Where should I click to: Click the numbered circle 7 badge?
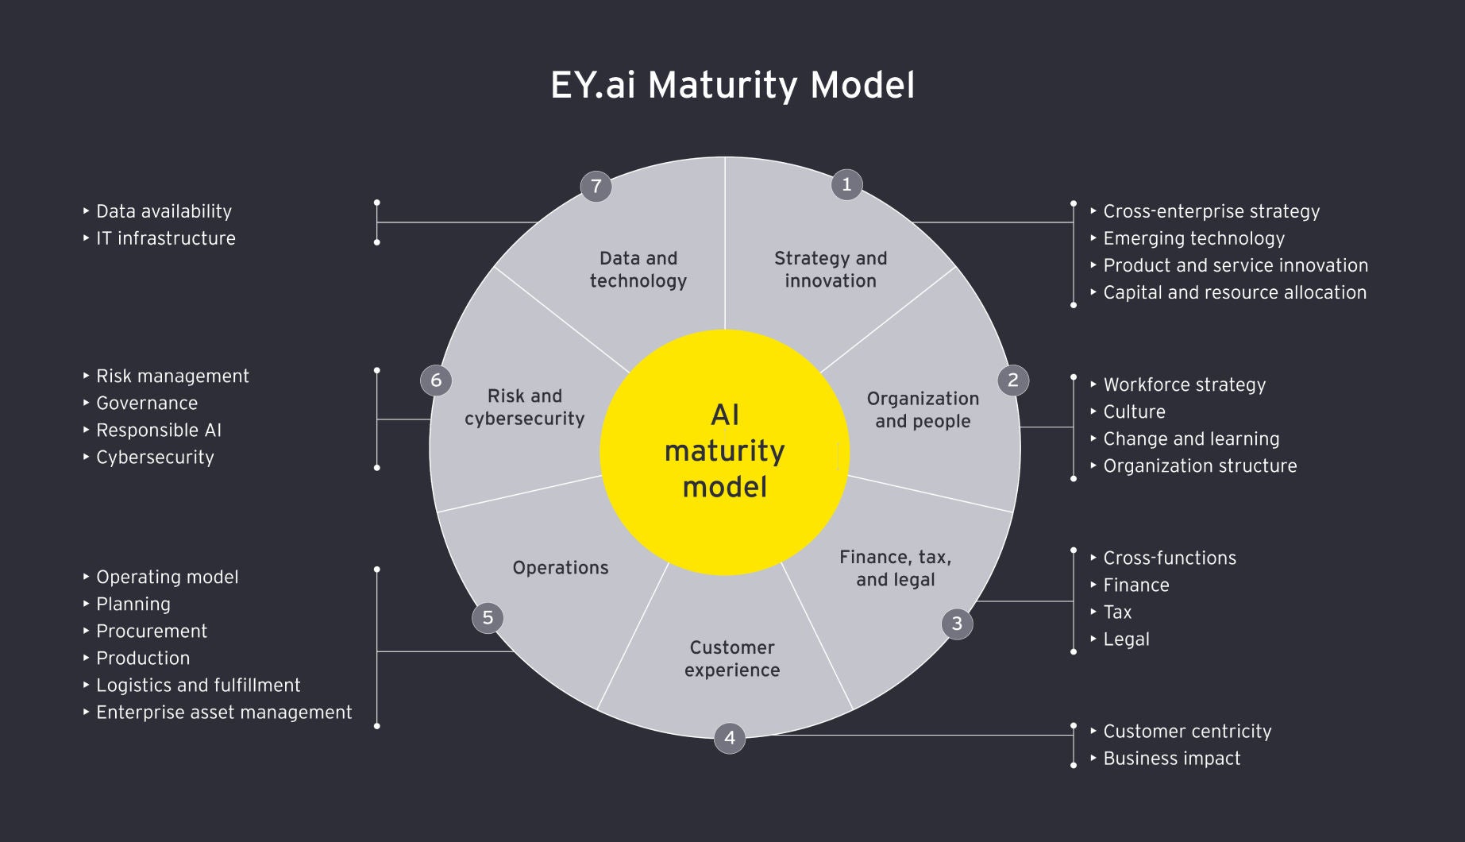click(596, 187)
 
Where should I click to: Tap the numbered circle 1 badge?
click(846, 185)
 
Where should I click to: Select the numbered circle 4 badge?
click(730, 738)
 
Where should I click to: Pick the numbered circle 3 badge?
click(957, 624)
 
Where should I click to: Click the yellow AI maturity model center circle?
click(724, 451)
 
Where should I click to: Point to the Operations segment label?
click(561, 568)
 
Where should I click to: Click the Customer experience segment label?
click(732, 659)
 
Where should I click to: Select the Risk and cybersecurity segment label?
click(525, 407)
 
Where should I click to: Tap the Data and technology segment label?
click(638, 269)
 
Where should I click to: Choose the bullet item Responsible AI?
click(159, 431)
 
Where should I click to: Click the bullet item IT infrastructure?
click(165, 238)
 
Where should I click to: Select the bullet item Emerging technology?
click(1193, 238)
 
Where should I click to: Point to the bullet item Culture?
click(1134, 412)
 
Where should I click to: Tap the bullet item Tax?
click(1117, 612)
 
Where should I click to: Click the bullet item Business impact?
click(1171, 759)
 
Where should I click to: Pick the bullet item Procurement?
click(152, 631)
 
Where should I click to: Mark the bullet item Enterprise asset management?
click(224, 713)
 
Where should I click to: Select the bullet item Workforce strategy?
click(1184, 385)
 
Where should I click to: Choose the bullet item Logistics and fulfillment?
click(198, 686)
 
